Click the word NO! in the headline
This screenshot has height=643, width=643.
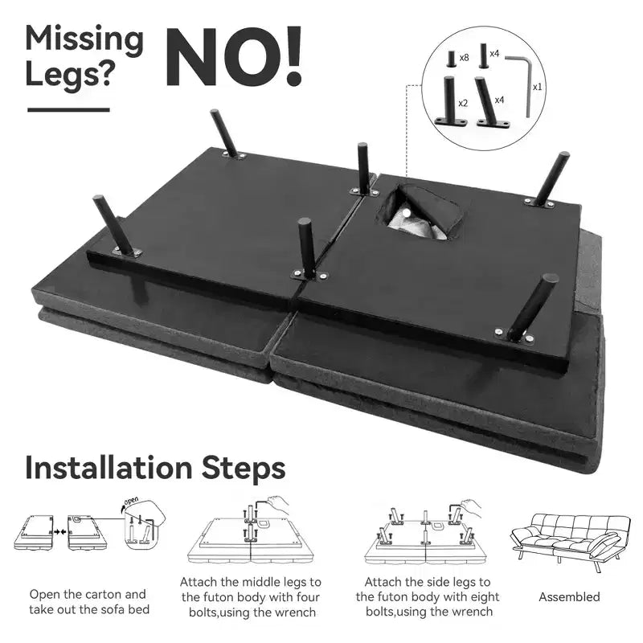point(234,56)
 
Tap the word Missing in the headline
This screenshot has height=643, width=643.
point(84,39)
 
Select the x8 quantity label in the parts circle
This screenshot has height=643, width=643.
point(464,57)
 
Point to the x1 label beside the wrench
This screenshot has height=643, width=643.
point(537,87)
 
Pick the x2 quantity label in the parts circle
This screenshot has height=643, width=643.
point(463,103)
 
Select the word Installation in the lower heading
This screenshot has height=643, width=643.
point(109,468)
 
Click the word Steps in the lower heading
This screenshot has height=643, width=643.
point(244,469)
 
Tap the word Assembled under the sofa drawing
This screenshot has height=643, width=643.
point(569,596)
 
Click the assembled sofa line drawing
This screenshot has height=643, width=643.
point(571,540)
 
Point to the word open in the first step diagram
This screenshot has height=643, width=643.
point(131,501)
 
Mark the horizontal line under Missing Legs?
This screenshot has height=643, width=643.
point(68,109)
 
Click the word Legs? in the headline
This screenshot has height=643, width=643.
point(69,75)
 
